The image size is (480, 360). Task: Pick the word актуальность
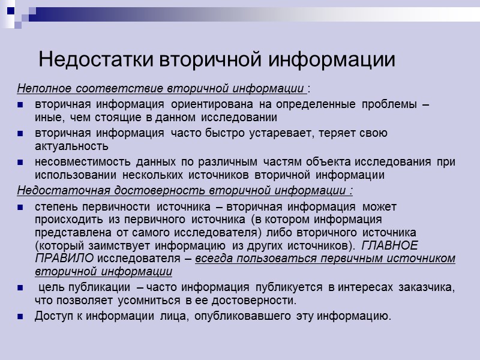pos(71,146)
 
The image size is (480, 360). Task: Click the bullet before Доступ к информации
pos(21,316)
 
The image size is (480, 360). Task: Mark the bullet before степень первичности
pos(21,207)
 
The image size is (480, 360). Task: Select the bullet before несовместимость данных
pos(21,163)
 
